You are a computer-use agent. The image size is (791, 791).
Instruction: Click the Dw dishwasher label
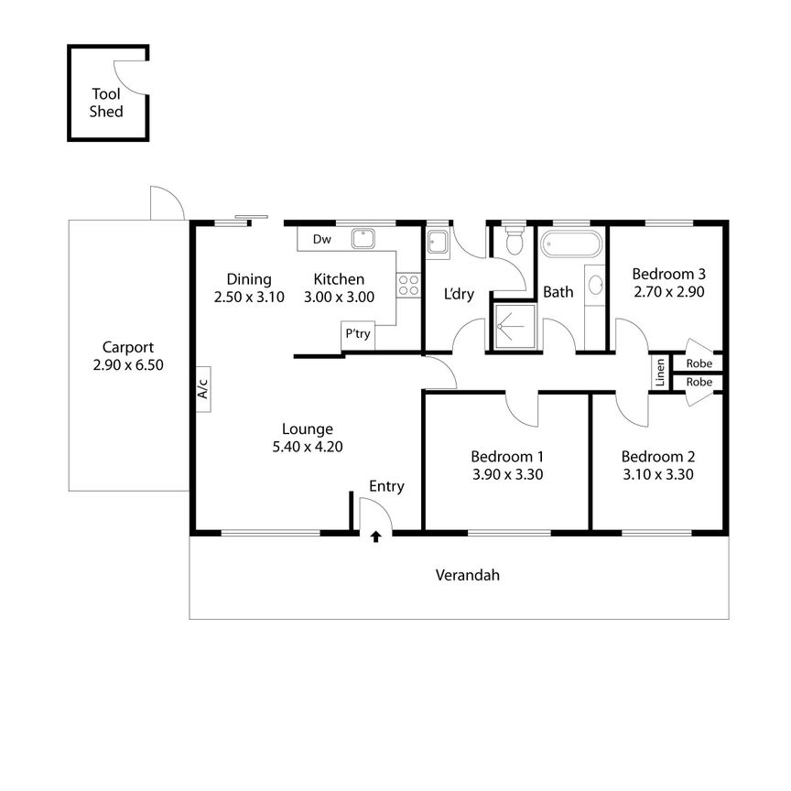pyautogui.click(x=320, y=240)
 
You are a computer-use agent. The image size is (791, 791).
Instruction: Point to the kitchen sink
pyautogui.click(x=363, y=238)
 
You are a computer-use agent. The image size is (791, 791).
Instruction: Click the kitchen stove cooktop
pyautogui.click(x=407, y=285)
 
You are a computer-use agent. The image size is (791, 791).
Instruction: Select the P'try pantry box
pyautogui.click(x=357, y=334)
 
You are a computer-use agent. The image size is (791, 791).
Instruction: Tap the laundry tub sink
pyautogui.click(x=437, y=242)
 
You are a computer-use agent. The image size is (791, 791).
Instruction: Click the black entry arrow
pyautogui.click(x=375, y=537)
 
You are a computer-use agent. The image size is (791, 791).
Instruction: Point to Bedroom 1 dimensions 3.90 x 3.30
pyautogui.click(x=506, y=474)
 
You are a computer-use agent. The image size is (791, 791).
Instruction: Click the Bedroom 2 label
pyautogui.click(x=657, y=457)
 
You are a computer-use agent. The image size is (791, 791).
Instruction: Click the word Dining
pyautogui.click(x=249, y=279)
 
